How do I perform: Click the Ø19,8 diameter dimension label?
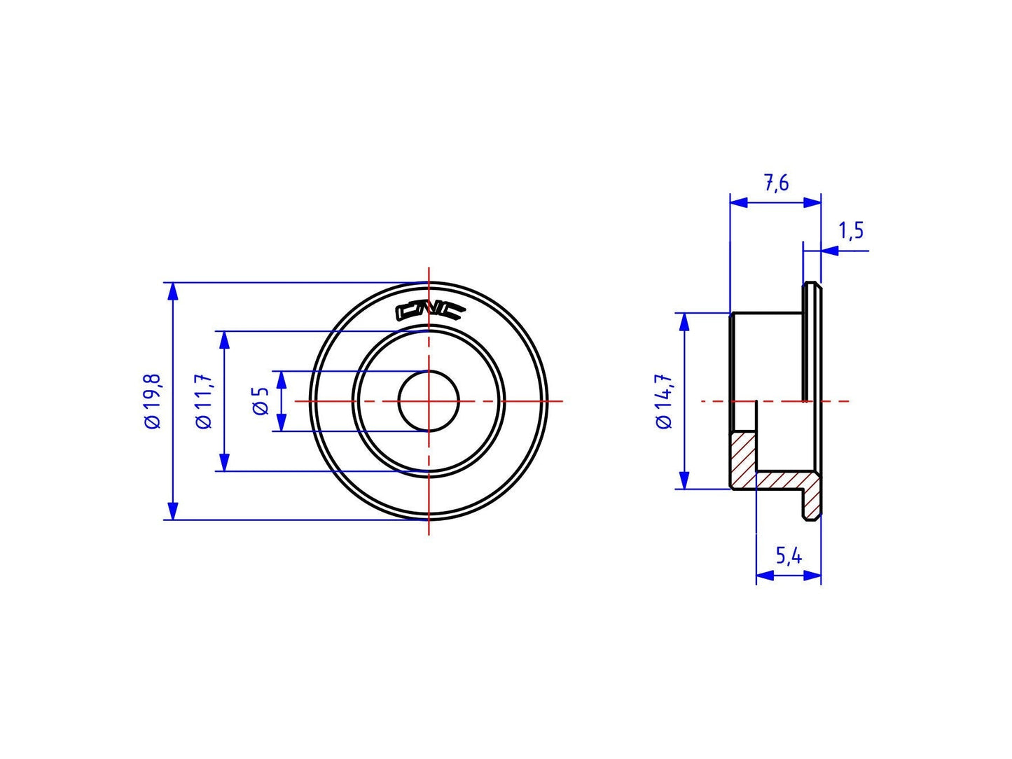point(153,401)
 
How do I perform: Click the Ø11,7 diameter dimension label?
point(204,401)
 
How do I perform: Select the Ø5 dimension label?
point(261,401)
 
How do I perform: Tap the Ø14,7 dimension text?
point(663,401)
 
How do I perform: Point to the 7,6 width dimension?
point(776,183)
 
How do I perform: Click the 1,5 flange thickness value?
point(851,230)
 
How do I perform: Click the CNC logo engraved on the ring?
point(429,311)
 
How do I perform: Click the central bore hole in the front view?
point(429,401)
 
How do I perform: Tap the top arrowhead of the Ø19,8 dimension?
point(173,290)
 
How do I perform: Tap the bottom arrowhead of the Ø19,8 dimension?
point(173,512)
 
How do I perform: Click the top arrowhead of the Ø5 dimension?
point(282,379)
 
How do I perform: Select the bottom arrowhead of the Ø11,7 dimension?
point(224,463)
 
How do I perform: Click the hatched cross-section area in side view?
point(745,459)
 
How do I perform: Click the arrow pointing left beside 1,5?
point(829,250)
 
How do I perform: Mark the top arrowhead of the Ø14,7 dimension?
point(684,321)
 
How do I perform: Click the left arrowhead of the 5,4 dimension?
point(764,576)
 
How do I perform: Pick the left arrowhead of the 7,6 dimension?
point(738,202)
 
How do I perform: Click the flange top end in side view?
point(812,286)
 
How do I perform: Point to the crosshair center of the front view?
point(429,401)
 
